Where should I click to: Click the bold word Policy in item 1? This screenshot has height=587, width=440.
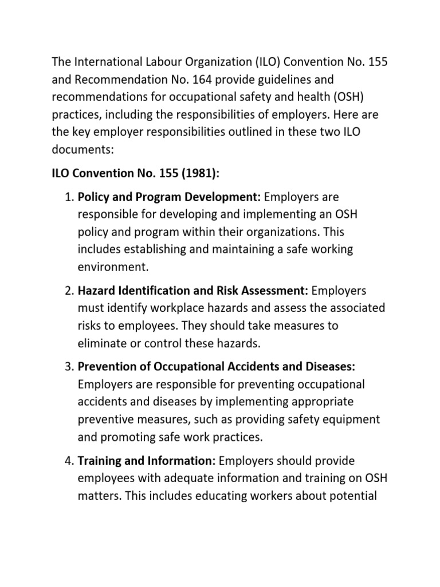[93, 197]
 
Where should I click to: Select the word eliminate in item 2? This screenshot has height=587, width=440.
[102, 343]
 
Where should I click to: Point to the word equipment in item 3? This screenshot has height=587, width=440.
[354, 419]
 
